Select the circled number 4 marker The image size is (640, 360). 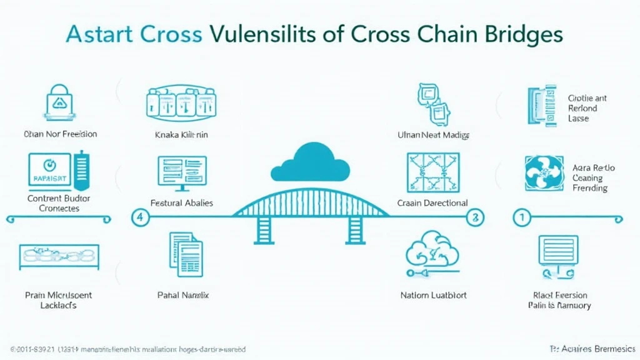[x=141, y=217]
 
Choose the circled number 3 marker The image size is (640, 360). [x=476, y=217]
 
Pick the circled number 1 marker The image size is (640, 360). [x=521, y=217]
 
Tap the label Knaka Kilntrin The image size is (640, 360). [x=181, y=134]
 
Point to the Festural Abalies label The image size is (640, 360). [x=182, y=203]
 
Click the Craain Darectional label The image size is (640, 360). [x=432, y=203]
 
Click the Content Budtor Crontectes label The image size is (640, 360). [x=59, y=203]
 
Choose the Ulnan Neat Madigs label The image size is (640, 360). [x=433, y=135]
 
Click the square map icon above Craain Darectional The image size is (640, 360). [x=432, y=172]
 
